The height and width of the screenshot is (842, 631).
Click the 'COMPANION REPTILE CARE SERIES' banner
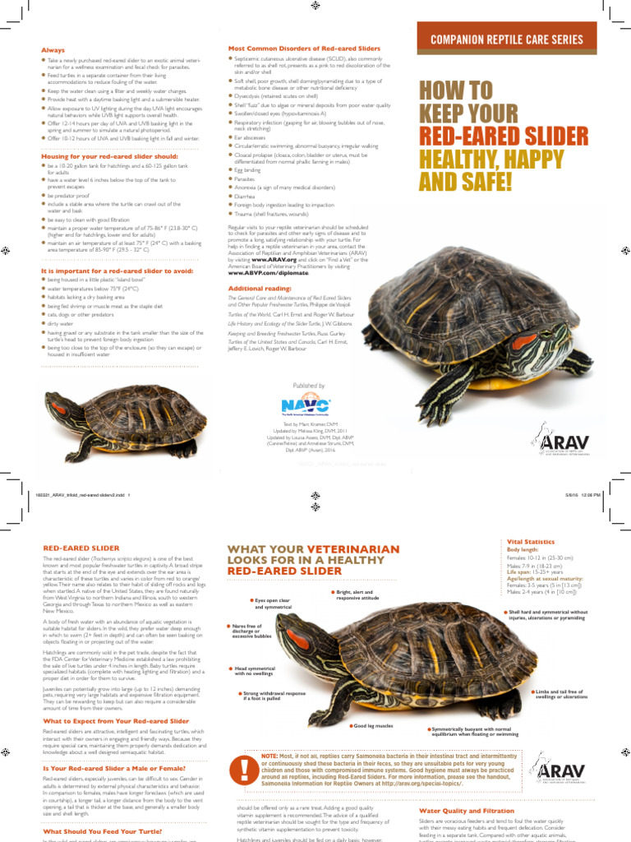click(512, 39)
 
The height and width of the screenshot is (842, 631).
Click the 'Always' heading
click(53, 50)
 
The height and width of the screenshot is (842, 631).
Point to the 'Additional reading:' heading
click(259, 289)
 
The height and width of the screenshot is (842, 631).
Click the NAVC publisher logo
click(305, 405)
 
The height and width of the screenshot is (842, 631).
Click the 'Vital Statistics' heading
click(532, 542)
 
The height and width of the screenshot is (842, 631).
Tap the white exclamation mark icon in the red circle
click(244, 769)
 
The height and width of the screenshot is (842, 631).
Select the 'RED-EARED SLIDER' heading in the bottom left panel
click(81, 548)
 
